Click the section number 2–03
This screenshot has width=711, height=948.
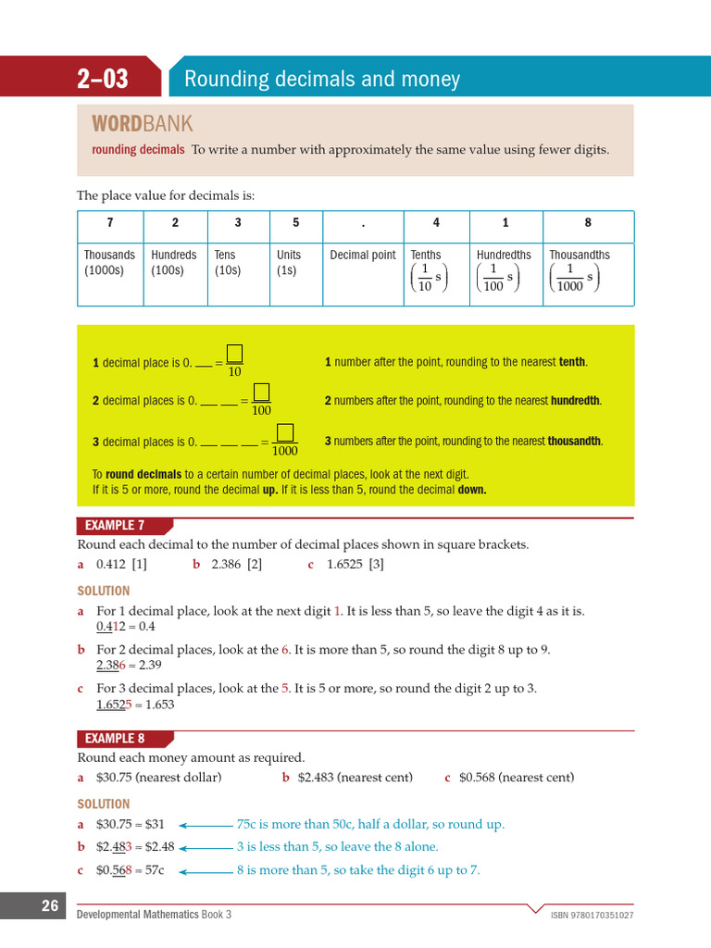pos(103,80)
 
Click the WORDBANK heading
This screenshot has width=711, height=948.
pos(142,124)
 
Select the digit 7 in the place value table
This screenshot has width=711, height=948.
pos(110,223)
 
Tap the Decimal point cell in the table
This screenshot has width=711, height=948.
pos(363,255)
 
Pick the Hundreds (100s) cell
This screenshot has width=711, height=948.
pos(174,262)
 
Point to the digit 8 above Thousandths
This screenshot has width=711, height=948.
pos(587,223)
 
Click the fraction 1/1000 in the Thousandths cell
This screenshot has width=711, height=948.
pos(570,277)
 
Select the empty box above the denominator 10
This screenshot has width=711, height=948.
pos(234,354)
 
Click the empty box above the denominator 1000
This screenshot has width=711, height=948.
pos(285,432)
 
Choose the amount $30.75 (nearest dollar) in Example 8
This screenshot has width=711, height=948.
pos(158,778)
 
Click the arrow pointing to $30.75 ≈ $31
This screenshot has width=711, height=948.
pos(206,824)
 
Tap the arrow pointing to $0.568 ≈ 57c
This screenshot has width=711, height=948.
pos(206,871)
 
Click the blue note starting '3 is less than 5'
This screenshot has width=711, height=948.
pos(337,846)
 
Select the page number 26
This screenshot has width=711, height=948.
pos(50,906)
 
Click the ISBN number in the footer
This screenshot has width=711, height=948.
pos(592,916)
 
